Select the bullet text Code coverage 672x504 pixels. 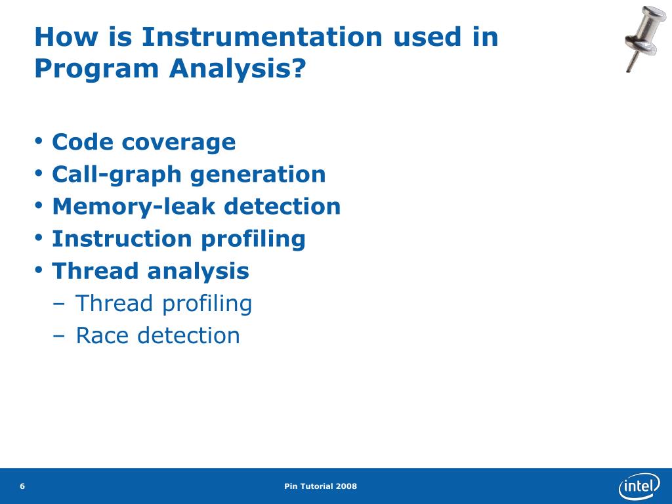(x=144, y=142)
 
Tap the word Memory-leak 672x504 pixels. (x=134, y=206)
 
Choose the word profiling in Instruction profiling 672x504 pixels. (x=253, y=238)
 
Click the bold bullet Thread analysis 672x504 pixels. (x=150, y=270)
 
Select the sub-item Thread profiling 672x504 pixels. (x=163, y=303)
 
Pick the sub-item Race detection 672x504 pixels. (x=157, y=335)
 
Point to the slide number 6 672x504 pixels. (x=22, y=486)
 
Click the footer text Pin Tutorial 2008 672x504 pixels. (x=321, y=486)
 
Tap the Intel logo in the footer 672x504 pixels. (x=639, y=486)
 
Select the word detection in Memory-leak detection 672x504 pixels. (x=282, y=206)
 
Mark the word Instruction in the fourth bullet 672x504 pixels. (x=122, y=238)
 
